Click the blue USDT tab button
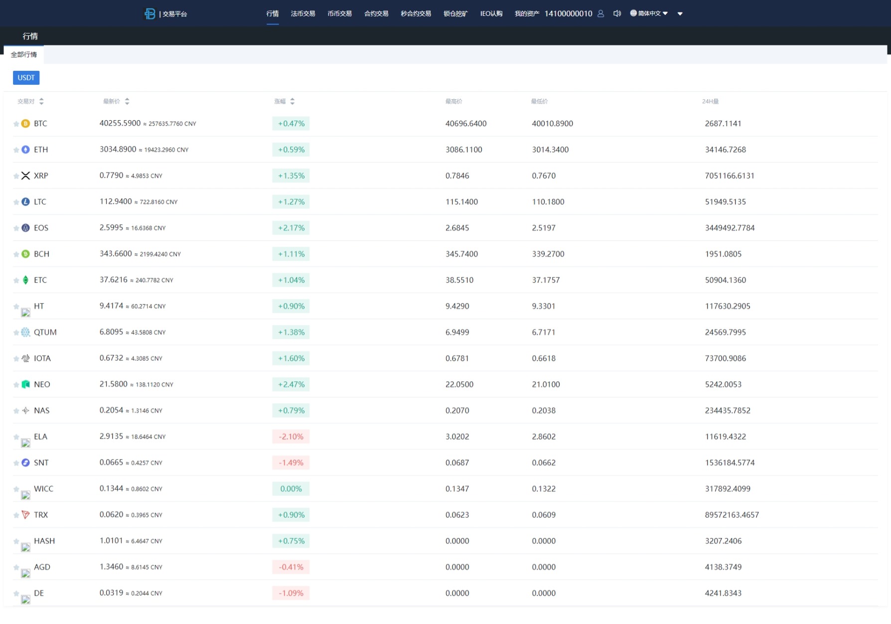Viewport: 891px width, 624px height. point(26,78)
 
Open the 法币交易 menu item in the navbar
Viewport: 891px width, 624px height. point(303,13)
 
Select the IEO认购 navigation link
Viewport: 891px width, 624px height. point(491,13)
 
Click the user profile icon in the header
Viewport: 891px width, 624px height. point(600,13)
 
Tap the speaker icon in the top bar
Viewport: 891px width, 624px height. point(617,13)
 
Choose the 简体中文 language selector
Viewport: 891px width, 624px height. point(649,13)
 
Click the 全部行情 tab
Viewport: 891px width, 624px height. point(24,55)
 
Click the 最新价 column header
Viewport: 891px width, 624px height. point(112,102)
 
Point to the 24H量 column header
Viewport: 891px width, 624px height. point(710,102)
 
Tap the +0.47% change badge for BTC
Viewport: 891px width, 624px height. point(291,124)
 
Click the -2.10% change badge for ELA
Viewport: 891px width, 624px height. point(291,437)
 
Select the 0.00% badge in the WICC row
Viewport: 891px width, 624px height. point(291,489)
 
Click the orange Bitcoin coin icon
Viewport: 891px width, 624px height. point(26,124)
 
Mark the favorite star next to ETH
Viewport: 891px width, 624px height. point(16,150)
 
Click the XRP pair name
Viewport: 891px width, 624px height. point(41,176)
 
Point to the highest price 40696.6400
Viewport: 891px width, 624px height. point(466,124)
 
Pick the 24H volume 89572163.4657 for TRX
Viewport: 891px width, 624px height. point(732,515)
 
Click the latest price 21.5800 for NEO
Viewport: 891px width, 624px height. point(114,384)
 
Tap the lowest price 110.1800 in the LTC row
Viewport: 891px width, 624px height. point(548,202)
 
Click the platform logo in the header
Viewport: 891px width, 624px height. point(149,13)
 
